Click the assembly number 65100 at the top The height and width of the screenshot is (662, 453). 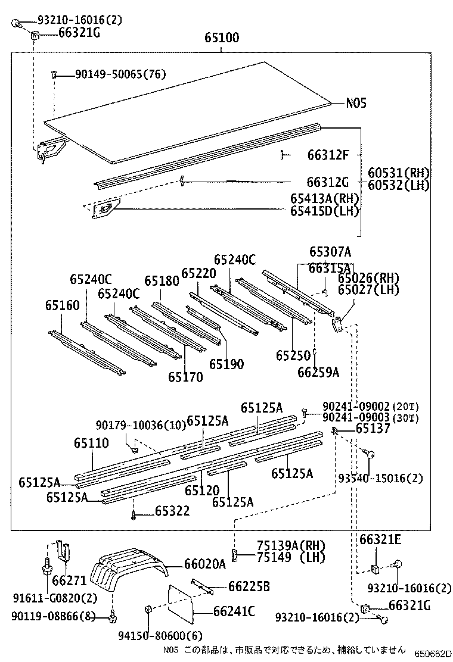[x=222, y=38]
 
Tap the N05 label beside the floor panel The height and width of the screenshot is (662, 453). [x=356, y=103]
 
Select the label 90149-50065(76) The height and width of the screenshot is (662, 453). [x=120, y=74]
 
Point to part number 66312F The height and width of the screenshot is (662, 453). [x=328, y=155]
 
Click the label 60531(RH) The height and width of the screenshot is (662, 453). [x=399, y=173]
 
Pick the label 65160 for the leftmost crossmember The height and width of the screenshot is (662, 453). [x=63, y=305]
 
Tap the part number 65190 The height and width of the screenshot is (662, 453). [x=226, y=364]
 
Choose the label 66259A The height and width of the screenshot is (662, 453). [x=319, y=372]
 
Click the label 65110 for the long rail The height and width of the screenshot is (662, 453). [x=91, y=443]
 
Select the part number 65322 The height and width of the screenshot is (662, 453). [x=172, y=511]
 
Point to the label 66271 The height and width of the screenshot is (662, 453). [x=69, y=580]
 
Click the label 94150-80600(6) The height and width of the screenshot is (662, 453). [x=160, y=635]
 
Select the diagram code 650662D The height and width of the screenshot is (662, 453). [x=432, y=654]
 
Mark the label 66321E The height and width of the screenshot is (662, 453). [x=380, y=539]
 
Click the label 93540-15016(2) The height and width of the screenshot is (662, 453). [x=380, y=479]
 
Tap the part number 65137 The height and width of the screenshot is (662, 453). [x=373, y=429]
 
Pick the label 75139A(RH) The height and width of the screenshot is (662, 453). [x=291, y=546]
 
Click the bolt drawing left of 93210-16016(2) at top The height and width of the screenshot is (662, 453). [x=15, y=23]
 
